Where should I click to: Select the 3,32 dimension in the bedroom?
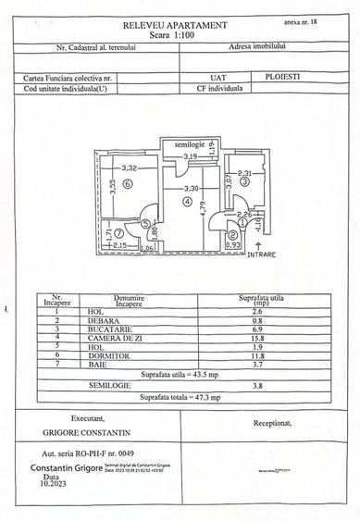point(128,167)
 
